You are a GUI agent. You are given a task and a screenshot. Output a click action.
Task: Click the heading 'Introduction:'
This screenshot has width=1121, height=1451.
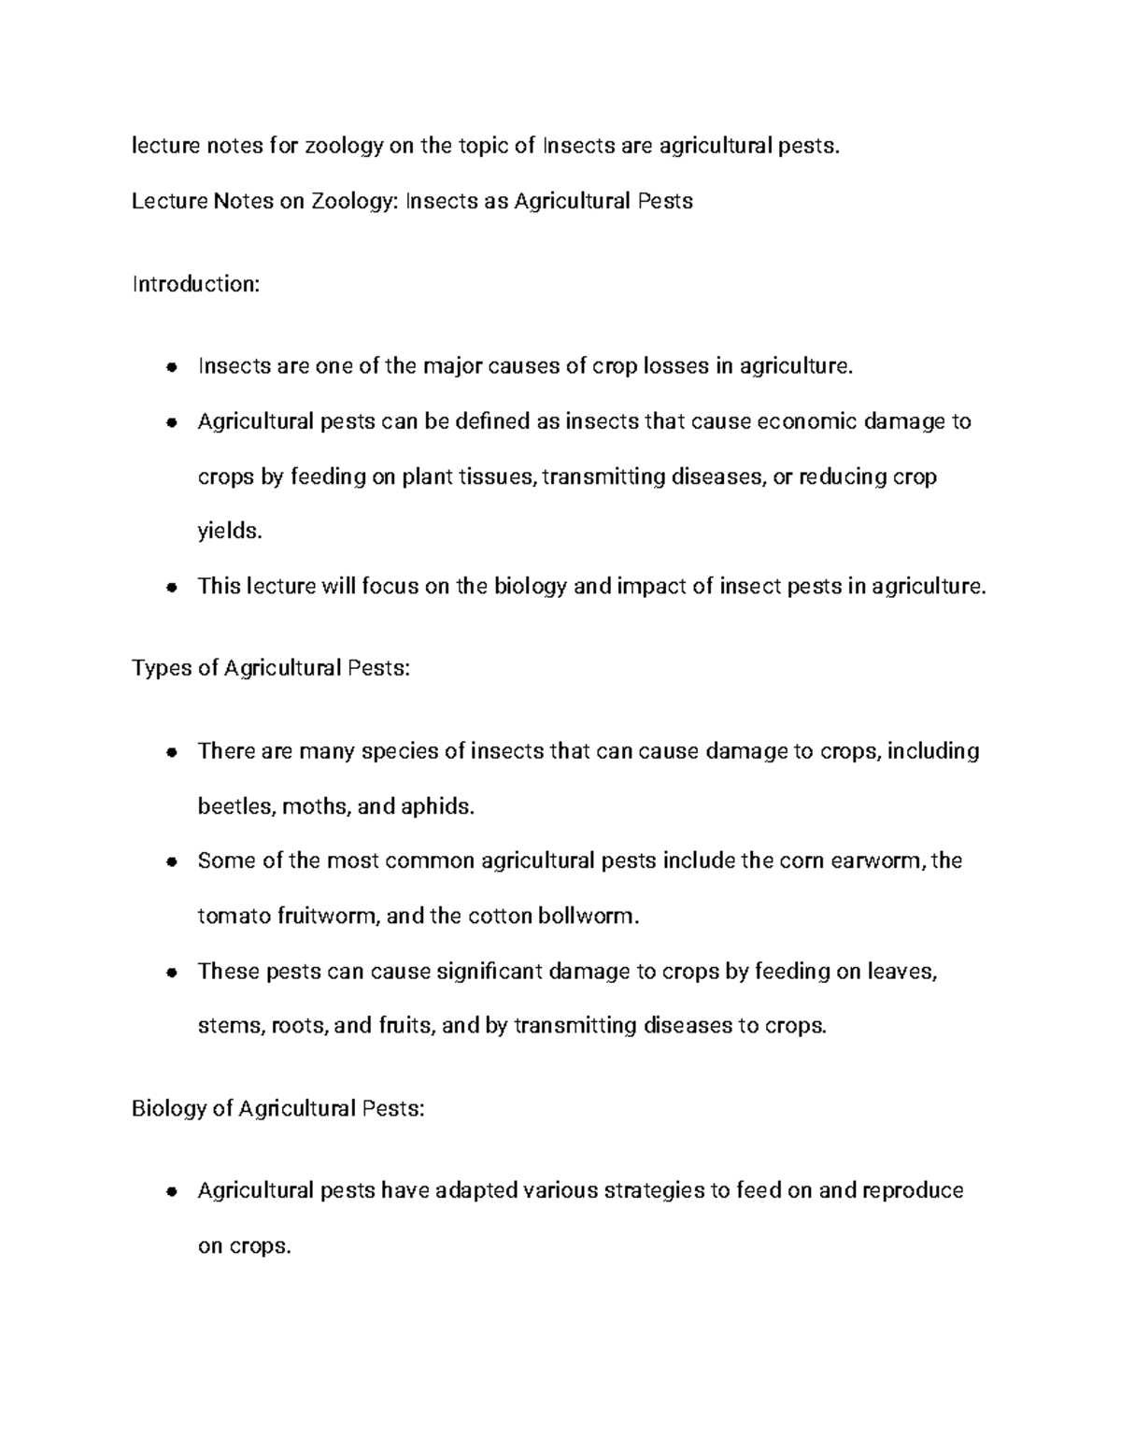(195, 284)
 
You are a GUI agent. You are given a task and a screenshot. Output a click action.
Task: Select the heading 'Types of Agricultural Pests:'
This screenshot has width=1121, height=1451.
(271, 669)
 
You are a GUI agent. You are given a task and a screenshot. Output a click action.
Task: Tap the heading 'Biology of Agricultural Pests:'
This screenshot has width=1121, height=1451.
(278, 1109)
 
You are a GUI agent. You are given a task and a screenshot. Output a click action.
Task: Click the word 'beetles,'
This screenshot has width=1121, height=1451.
(235, 806)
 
